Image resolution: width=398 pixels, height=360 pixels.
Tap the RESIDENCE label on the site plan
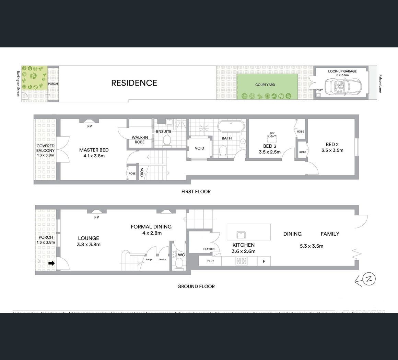point(134,83)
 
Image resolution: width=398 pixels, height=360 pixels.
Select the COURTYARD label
point(265,85)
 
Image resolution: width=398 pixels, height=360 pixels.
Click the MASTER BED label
point(94,150)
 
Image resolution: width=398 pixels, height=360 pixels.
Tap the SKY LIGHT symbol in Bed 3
point(272,135)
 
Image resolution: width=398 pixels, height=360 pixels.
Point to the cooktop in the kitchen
point(241,261)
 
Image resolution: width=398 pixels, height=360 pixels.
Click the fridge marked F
point(264,261)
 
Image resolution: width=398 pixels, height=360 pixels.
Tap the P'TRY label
point(210,261)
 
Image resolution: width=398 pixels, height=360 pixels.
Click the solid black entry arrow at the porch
point(51,263)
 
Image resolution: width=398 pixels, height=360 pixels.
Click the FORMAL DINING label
point(151,227)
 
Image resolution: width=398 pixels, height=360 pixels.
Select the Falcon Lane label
point(381,83)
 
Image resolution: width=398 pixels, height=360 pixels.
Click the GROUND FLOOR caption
point(196,286)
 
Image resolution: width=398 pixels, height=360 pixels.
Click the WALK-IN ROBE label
point(140,140)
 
